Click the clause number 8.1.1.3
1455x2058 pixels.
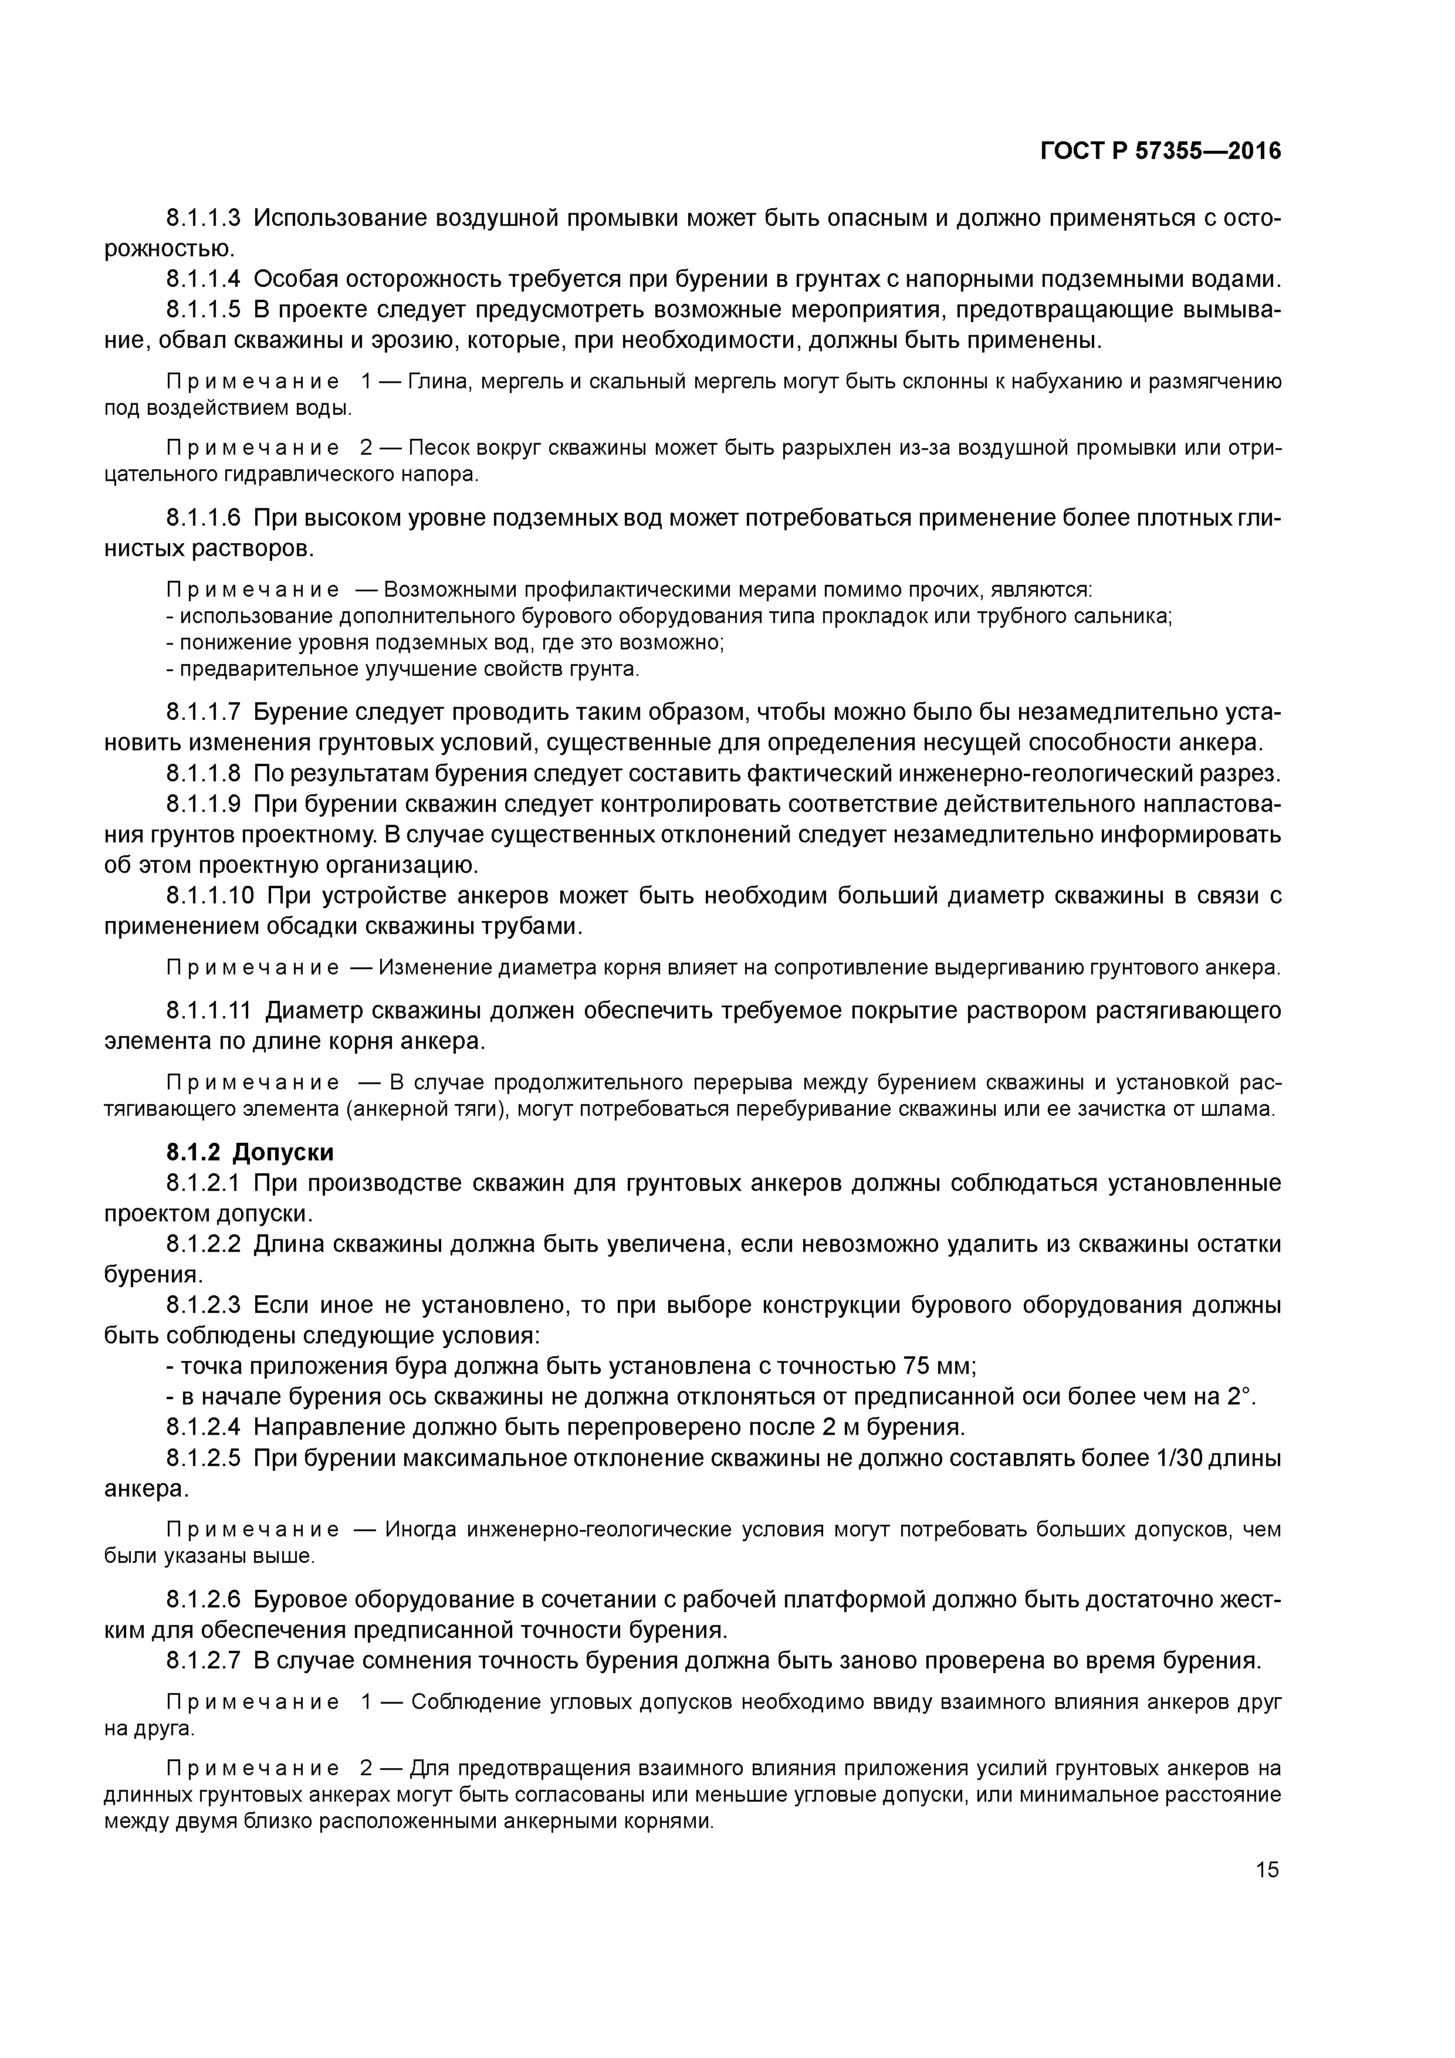point(204,218)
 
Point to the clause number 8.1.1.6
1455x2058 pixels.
point(204,517)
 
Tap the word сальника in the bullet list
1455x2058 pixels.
point(1129,616)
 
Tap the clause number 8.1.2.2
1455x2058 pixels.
point(204,1244)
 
